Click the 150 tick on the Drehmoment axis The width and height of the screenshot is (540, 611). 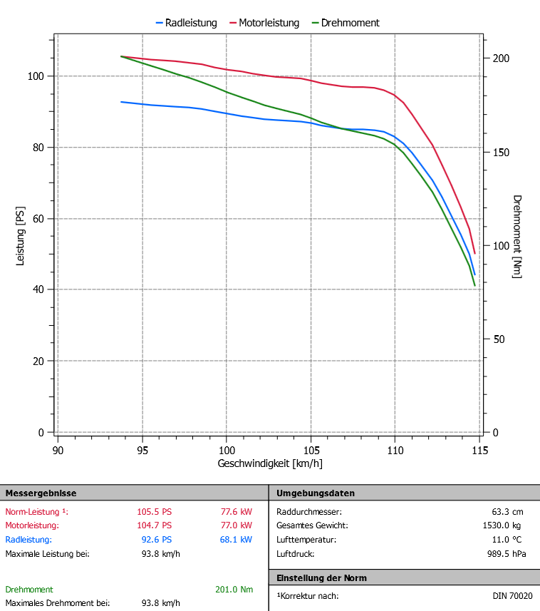click(502, 152)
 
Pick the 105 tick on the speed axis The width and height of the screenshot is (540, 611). click(311, 451)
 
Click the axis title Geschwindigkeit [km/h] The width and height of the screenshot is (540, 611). click(270, 463)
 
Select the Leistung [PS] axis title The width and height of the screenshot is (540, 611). click(21, 236)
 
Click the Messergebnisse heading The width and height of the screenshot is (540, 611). click(41, 493)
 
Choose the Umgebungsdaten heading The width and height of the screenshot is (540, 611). click(315, 493)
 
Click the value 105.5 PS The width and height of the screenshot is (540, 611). click(154, 511)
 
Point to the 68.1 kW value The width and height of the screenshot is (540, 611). click(236, 540)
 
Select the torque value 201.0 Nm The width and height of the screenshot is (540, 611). click(234, 590)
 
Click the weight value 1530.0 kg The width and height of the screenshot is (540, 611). click(504, 525)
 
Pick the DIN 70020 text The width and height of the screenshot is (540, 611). click(512, 596)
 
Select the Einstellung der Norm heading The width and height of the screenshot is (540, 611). click(321, 577)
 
